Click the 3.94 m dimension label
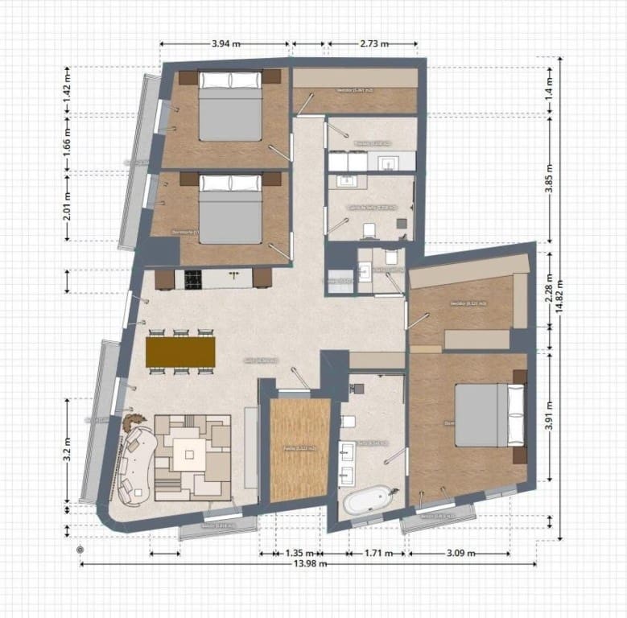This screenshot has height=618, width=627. click(x=225, y=43)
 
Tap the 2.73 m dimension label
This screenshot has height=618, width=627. click(x=375, y=43)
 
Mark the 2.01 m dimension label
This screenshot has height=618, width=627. click(x=68, y=205)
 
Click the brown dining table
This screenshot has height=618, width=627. click(x=180, y=351)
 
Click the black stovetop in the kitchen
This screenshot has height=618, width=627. click(x=193, y=278)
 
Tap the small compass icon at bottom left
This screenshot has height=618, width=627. click(x=80, y=550)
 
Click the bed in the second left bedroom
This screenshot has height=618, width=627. click(x=230, y=208)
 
